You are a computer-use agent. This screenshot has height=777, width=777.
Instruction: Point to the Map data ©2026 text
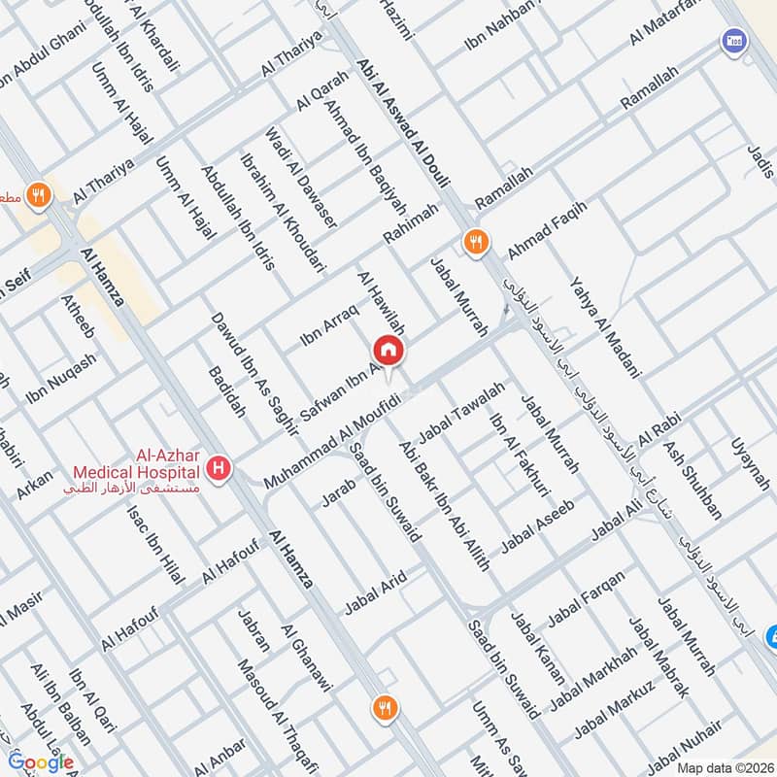tap(724, 768)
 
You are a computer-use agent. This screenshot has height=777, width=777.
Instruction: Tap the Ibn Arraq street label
tap(329, 324)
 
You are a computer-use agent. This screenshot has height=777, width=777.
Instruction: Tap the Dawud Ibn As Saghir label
tap(238, 371)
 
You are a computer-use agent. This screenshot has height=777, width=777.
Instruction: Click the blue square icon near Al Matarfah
tap(732, 41)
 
